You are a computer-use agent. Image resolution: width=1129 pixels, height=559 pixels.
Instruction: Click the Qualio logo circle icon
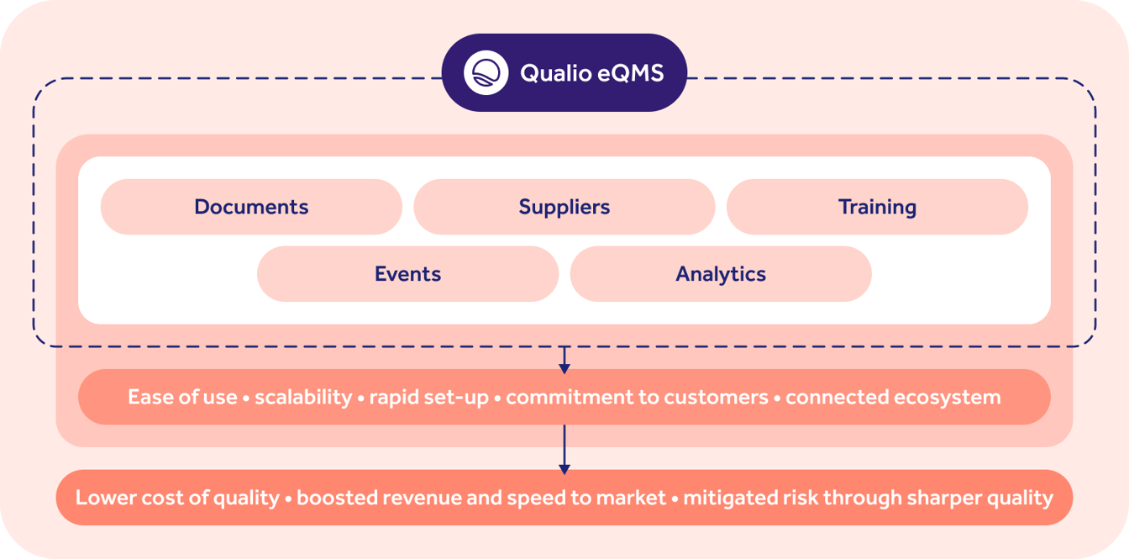[486, 73]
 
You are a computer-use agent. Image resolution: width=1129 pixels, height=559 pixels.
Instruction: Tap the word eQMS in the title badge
[631, 73]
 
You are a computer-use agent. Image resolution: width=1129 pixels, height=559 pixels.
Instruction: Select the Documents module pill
[251, 207]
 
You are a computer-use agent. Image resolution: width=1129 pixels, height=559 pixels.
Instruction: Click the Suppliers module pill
[564, 207]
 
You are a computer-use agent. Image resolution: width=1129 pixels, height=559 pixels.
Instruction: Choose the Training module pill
[877, 207]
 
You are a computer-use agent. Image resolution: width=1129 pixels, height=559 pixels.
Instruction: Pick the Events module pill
[407, 274]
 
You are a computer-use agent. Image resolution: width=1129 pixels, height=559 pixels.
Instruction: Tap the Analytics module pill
[721, 274]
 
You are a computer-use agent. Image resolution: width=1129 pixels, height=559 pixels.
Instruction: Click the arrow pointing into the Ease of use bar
[564, 361]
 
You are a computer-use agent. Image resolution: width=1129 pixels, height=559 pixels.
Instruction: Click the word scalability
[303, 398]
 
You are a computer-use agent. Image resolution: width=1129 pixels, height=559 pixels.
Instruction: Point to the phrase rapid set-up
[428, 398]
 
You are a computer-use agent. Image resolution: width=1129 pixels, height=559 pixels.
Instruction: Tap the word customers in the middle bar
[716, 398]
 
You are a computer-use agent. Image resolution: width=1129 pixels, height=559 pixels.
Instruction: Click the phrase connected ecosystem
[893, 398]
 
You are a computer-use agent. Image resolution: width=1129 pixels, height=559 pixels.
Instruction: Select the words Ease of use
[182, 398]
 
